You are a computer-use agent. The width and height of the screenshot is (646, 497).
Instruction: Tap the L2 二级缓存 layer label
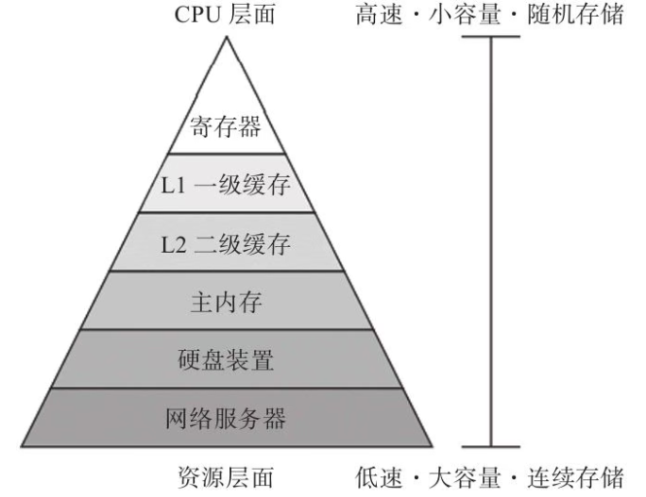point(227,244)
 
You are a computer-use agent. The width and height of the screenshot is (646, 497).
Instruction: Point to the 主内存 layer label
point(227,303)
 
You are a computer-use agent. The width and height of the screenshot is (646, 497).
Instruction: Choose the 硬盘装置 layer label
point(227,359)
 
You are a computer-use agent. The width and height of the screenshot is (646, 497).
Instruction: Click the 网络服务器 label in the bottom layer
point(227,417)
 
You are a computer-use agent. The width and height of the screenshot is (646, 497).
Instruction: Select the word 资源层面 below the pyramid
point(227,476)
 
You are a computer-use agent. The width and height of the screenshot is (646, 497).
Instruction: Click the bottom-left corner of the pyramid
point(21,446)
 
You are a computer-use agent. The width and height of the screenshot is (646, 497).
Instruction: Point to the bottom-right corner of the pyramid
point(433,446)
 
